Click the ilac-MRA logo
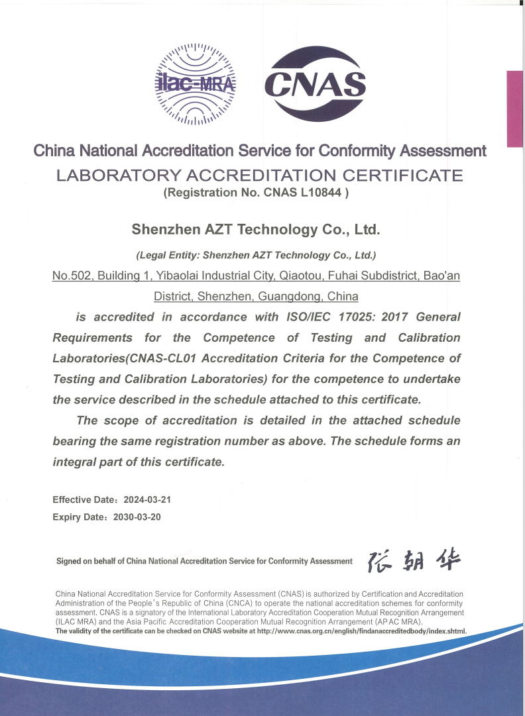tap(196, 83)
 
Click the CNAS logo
tap(316, 85)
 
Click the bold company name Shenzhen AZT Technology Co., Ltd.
tap(256, 230)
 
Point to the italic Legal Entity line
tap(256, 255)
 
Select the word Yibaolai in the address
tap(192, 275)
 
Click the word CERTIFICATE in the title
tap(406, 176)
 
